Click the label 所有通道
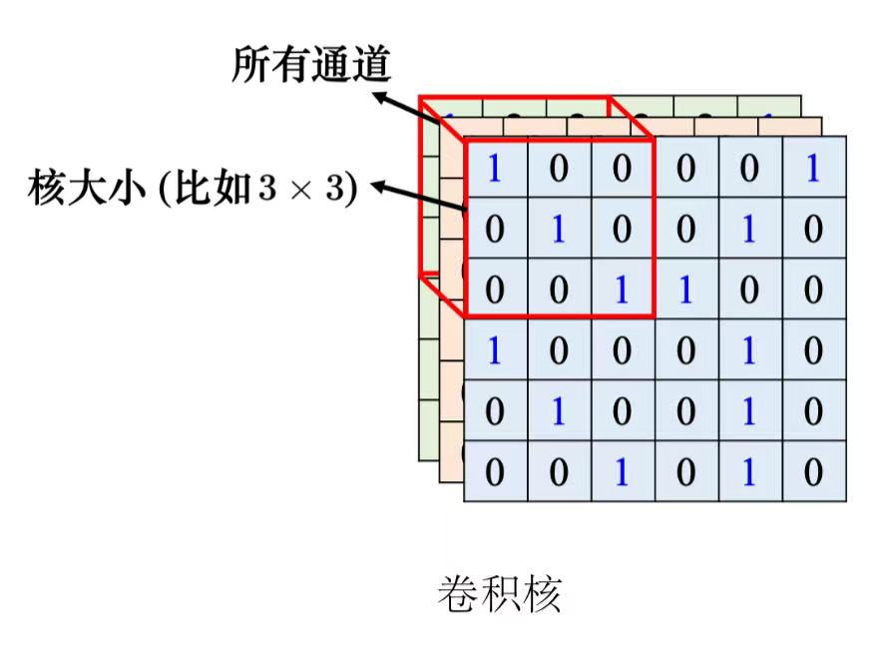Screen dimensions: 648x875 pos(310,65)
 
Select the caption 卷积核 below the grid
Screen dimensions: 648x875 pos(499,594)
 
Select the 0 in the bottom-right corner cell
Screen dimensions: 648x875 pos(813,471)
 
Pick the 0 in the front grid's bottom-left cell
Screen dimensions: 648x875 pos(495,471)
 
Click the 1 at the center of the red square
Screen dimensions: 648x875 pos(559,231)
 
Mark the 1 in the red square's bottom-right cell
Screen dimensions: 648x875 pos(622,291)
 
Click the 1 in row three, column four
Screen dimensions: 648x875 pos(685,291)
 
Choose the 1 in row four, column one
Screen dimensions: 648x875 pos(495,350)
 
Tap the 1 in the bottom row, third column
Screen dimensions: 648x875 pos(622,471)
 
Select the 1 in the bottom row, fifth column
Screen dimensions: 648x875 pos(749,471)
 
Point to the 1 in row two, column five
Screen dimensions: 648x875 pos(749,231)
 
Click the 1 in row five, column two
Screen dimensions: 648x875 pos(559,411)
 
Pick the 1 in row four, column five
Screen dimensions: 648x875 pos(749,350)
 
